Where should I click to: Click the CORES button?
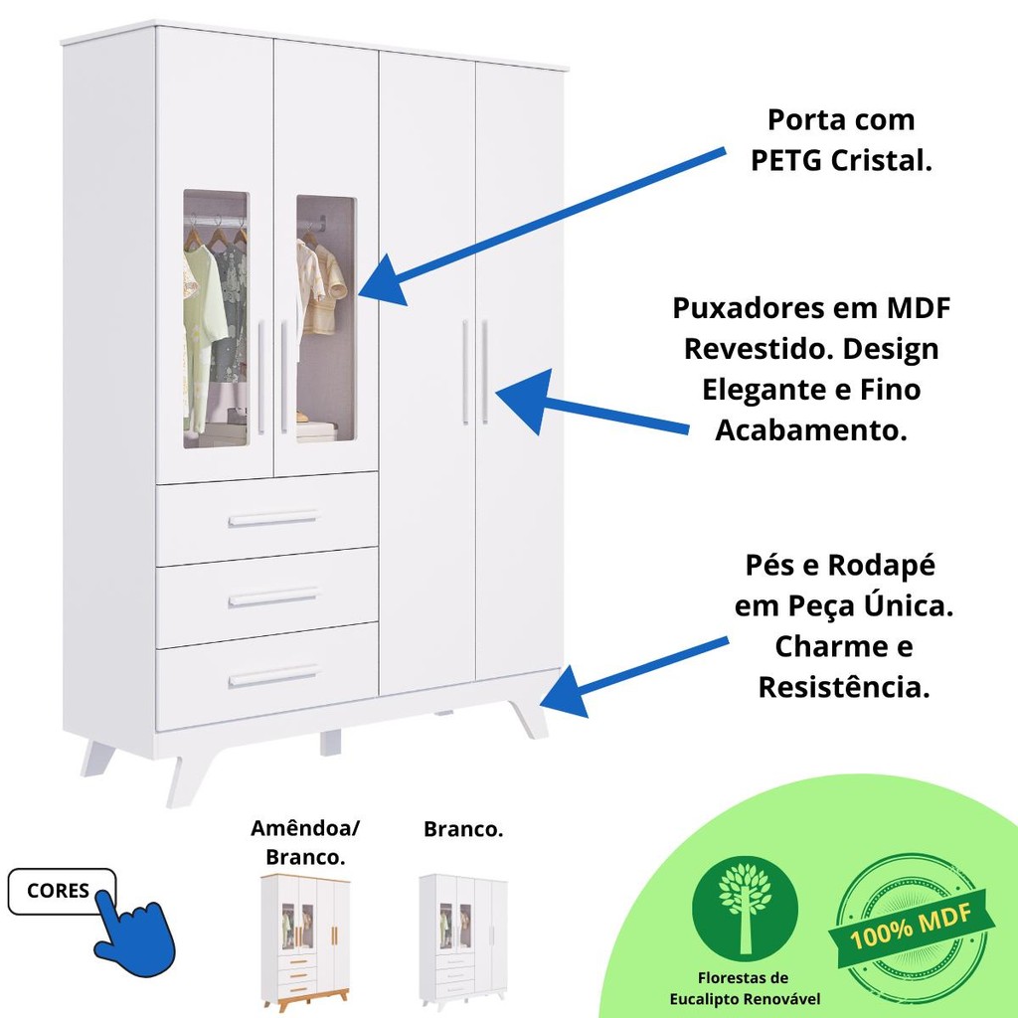click(61, 891)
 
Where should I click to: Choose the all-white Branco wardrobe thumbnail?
click(463, 941)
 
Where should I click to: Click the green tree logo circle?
click(745, 909)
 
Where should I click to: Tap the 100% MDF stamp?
click(912, 930)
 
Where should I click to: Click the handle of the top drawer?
click(273, 519)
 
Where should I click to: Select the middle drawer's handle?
click(273, 597)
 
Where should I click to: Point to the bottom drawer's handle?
click(273, 676)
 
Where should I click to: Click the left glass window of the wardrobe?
click(216, 319)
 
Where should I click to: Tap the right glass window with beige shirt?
click(326, 318)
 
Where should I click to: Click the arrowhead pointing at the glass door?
click(386, 280)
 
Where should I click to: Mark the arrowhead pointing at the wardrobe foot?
click(565, 693)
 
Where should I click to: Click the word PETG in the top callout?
click(786, 160)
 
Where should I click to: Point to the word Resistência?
click(844, 687)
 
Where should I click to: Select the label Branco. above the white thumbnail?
click(463, 829)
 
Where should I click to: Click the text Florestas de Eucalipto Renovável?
click(745, 989)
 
